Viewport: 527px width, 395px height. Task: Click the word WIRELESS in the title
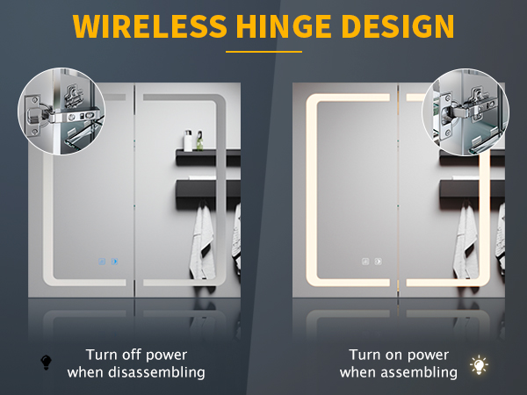149,26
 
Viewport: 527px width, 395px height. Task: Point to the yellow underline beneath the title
263,52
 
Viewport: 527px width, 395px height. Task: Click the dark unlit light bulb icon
46,363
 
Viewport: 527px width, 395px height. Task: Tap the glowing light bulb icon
479,365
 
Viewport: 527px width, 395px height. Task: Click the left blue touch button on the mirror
102,262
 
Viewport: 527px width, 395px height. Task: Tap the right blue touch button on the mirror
114,262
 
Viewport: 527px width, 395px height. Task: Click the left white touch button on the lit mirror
365,262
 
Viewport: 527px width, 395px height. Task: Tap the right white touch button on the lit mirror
378,262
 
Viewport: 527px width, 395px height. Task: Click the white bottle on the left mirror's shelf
188,140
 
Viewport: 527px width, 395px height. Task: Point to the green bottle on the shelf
199,140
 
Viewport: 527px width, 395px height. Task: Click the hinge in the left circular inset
63,115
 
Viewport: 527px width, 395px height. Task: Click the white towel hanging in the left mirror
202,242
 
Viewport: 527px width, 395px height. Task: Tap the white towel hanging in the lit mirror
466,242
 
